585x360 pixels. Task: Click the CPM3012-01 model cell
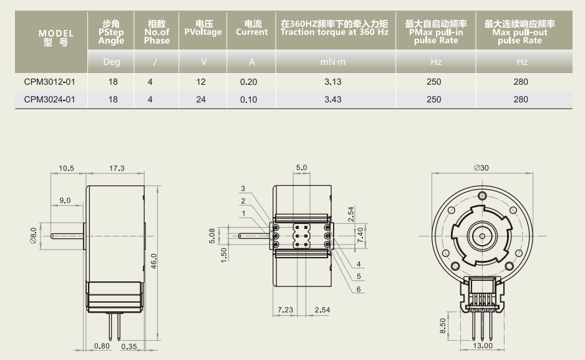tap(49, 82)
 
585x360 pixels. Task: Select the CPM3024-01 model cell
tap(49, 99)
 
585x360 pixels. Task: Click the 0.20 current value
tap(248, 82)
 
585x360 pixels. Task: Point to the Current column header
tap(252, 29)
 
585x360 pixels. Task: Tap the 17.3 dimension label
tap(117, 168)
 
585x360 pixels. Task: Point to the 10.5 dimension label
tap(67, 168)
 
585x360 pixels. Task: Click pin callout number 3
tap(243, 188)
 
